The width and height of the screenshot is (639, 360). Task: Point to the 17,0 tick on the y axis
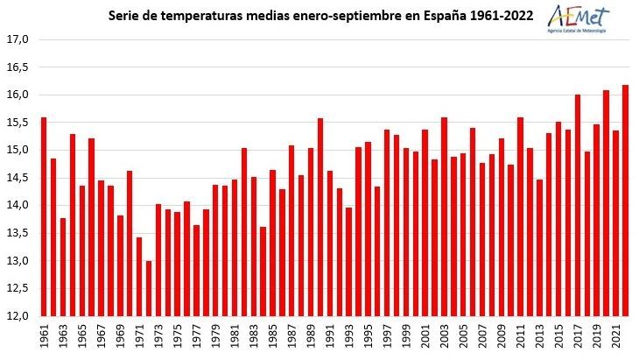(18, 39)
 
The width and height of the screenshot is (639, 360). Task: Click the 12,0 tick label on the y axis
(18, 315)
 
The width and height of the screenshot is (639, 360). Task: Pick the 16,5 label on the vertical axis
(18, 67)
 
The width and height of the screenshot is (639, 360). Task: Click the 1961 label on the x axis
(45, 335)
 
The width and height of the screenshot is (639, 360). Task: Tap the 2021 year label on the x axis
(616, 335)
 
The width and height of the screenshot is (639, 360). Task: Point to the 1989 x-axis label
(311, 335)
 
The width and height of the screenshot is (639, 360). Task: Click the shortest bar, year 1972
(149, 288)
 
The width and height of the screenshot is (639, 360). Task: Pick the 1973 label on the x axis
(158, 335)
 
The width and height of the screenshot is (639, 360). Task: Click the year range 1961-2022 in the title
(505, 16)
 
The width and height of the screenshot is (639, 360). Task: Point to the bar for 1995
(369, 229)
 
